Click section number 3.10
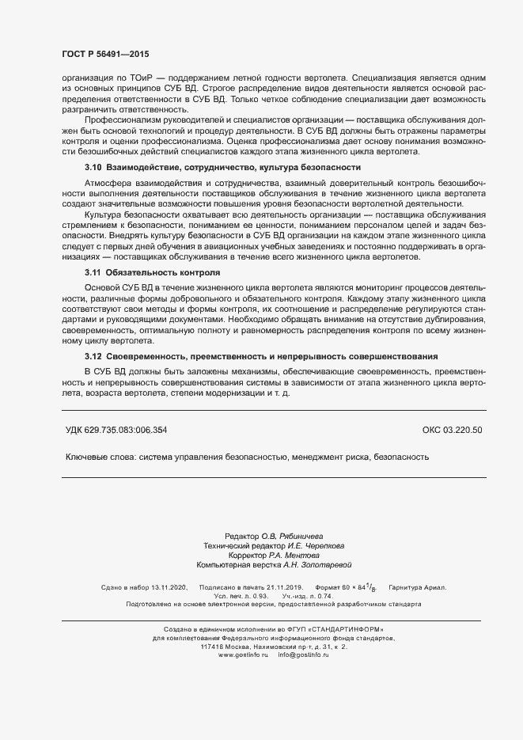point(93,168)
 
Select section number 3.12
point(93,356)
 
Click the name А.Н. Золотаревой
point(312,565)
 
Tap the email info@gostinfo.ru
point(304,655)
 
